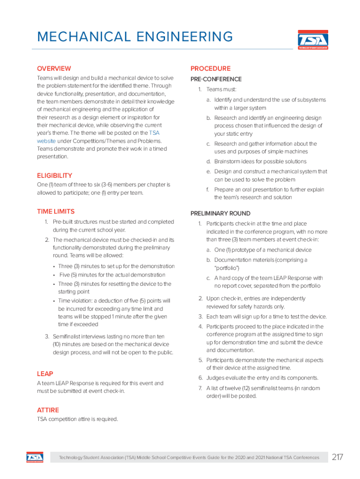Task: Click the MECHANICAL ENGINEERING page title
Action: pyautogui.click(x=135, y=36)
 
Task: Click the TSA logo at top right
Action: pyautogui.click(x=313, y=40)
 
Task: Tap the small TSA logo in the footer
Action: pyautogui.click(x=35, y=457)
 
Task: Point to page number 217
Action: pyautogui.click(x=337, y=457)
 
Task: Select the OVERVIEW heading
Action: pyautogui.click(x=54, y=68)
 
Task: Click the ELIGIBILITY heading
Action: pyautogui.click(x=54, y=175)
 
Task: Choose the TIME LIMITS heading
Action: pyautogui.click(x=56, y=211)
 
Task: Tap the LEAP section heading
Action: pyautogui.click(x=45, y=374)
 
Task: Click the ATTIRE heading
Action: pyautogui.click(x=48, y=410)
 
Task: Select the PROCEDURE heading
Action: pyautogui.click(x=210, y=68)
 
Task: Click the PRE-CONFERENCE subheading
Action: pyautogui.click(x=216, y=79)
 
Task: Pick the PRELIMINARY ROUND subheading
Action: pyautogui.click(x=220, y=213)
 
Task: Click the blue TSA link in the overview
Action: pyautogui.click(x=154, y=133)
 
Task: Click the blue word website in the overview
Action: pyautogui.click(x=46, y=141)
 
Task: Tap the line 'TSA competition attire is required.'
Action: pyautogui.click(x=77, y=419)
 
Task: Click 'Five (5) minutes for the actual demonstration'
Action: pyautogui.click(x=112, y=275)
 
